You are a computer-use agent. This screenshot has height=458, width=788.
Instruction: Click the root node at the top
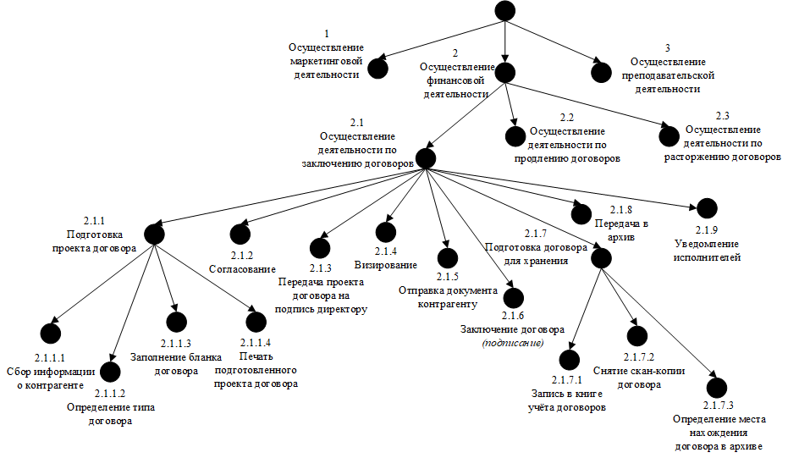[x=505, y=10]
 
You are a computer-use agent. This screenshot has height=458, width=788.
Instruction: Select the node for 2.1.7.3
[x=717, y=388]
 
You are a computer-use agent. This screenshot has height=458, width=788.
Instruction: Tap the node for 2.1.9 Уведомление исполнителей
[x=707, y=208]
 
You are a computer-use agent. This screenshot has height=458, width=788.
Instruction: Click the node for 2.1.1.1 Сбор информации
[x=50, y=333]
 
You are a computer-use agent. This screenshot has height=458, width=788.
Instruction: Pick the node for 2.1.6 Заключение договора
[x=513, y=298]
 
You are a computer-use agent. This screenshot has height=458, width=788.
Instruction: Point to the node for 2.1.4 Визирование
[x=385, y=232]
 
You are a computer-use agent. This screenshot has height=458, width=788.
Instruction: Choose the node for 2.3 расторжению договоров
[x=669, y=136]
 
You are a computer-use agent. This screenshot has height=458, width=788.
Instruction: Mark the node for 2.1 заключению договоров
[x=426, y=158]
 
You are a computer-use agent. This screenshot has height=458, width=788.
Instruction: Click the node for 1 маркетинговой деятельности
[x=377, y=69]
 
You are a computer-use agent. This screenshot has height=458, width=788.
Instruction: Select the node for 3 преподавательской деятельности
[x=601, y=73]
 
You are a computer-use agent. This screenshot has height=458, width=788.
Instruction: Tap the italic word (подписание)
[x=513, y=344]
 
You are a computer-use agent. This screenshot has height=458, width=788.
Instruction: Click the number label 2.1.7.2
[x=639, y=357]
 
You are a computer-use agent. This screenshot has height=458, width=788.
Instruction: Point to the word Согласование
[x=242, y=269]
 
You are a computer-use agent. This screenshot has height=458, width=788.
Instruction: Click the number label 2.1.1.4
[x=256, y=342]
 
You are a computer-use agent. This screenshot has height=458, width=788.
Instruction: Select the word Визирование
[x=385, y=265]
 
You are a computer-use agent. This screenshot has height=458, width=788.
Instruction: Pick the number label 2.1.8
[x=621, y=210]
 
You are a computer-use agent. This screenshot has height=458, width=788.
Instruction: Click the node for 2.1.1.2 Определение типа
[x=110, y=372]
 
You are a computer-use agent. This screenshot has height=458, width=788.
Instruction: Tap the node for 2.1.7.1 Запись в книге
[x=570, y=360]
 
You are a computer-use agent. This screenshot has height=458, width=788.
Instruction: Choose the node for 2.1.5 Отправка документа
[x=447, y=258]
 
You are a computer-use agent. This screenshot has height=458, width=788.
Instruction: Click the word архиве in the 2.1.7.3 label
[x=746, y=446]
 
